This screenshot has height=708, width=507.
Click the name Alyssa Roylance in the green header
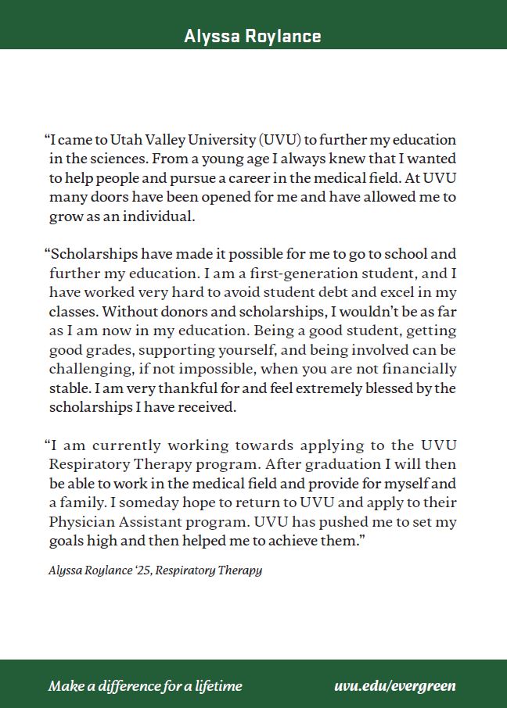[x=253, y=36]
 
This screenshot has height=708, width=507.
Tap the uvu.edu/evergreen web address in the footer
[x=394, y=686]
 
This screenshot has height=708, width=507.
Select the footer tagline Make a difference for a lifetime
[x=146, y=686]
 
